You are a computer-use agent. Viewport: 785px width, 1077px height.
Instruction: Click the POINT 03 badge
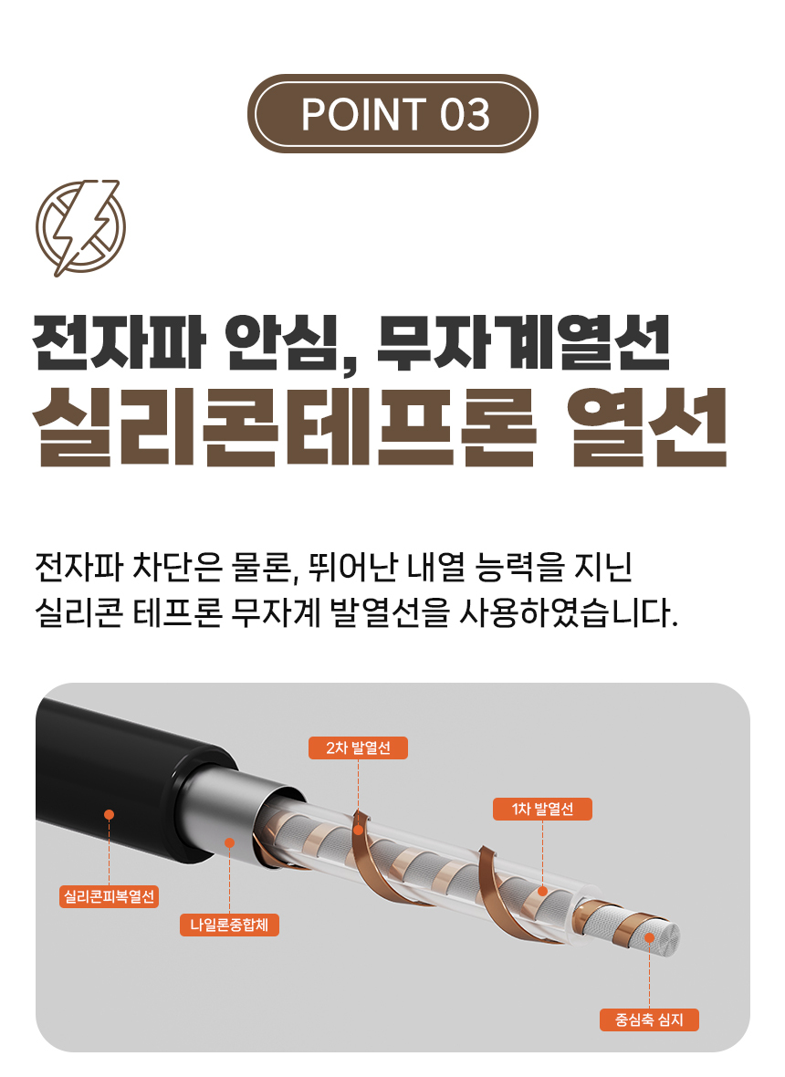pos(392,113)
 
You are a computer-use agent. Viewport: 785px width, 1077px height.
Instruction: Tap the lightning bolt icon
pos(81,227)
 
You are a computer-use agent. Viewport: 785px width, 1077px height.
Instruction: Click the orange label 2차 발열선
pos(358,748)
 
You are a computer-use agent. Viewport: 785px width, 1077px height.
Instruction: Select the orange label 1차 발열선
pos(542,810)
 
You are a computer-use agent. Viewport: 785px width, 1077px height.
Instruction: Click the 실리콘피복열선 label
pos(110,896)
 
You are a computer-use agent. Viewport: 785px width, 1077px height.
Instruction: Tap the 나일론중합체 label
pos(229,925)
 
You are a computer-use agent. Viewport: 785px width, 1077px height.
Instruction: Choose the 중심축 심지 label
pos(649,1020)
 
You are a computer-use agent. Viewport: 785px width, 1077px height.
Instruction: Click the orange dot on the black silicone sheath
pos(110,815)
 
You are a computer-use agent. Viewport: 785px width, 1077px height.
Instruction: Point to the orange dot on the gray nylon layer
pos(229,842)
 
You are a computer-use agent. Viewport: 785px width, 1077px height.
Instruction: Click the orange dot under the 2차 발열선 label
pos(358,830)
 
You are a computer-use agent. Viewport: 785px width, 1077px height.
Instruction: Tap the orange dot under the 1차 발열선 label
pos(542,891)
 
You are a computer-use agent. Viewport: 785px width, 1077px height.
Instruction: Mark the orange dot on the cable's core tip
pos(649,937)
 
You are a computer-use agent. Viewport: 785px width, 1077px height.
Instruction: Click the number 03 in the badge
pos(465,114)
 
